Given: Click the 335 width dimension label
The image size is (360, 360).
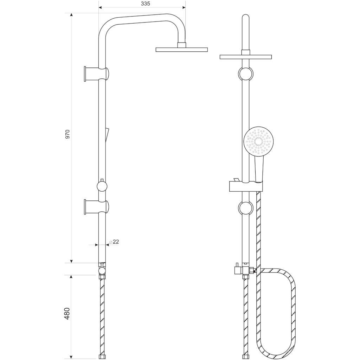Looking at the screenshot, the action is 145,4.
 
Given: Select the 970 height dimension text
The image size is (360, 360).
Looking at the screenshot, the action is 67,134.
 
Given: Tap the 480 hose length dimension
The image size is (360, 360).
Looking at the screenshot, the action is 67,313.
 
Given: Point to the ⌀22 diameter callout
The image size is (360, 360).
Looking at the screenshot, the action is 114,242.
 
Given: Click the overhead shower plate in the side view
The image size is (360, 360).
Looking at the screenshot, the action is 182,50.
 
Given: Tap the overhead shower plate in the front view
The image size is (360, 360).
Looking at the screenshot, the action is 246,57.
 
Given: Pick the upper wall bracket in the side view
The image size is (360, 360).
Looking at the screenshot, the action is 96,74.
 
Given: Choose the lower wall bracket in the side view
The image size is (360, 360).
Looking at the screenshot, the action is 96,207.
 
